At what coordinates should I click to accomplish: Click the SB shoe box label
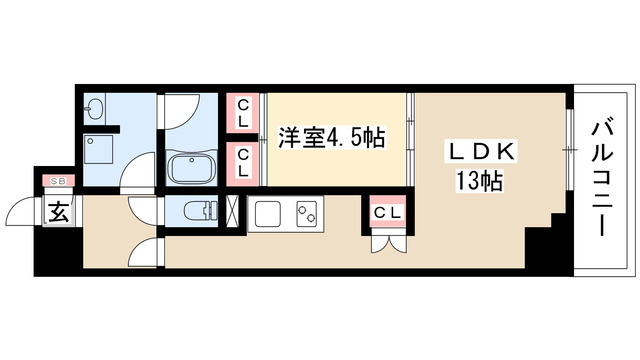point(56,182)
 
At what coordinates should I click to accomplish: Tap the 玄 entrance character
point(58,212)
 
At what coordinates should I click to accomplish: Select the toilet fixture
point(199,211)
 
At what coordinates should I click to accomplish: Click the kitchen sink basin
point(266,213)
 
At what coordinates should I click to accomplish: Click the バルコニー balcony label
point(602,178)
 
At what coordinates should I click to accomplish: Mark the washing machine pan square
point(101,151)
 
